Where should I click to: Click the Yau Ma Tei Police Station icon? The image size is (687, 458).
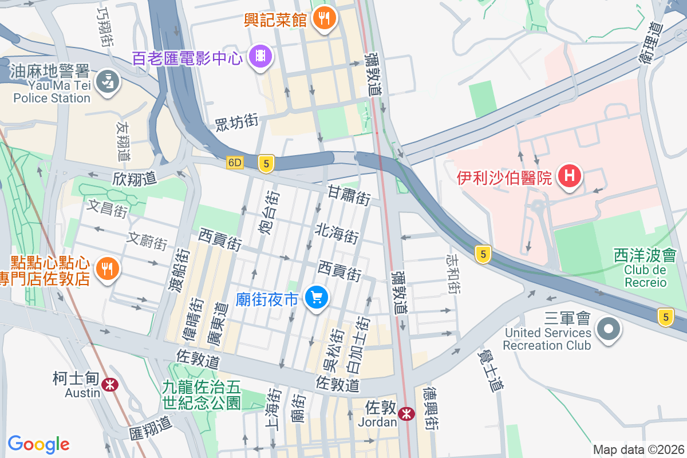click(107, 82)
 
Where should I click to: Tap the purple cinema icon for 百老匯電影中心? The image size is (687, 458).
click(260, 56)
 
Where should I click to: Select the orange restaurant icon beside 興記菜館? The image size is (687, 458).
click(325, 18)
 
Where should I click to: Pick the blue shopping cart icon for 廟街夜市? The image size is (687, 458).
click(315, 298)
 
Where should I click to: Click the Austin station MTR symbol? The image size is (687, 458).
click(109, 385)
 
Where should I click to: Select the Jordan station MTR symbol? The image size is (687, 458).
click(406, 413)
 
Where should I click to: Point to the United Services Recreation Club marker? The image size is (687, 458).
click(608, 329)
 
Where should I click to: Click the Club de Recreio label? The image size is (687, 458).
click(645, 269)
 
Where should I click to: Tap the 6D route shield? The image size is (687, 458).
click(235, 163)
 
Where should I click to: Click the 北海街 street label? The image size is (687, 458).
click(337, 232)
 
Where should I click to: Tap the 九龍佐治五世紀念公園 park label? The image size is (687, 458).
click(202, 395)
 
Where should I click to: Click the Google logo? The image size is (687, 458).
click(38, 444)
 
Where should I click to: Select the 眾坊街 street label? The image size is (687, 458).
click(237, 121)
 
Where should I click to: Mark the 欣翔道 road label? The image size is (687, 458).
click(135, 179)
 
